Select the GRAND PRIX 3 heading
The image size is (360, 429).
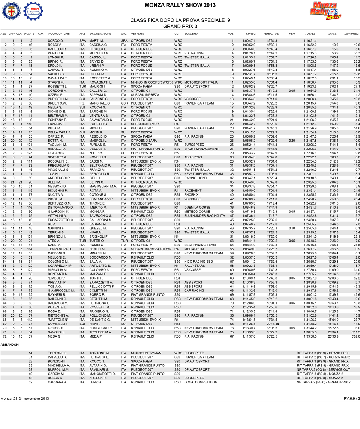coord(180,26)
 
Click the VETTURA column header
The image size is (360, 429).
coord(137,34)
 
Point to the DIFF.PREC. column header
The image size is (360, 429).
coord(352,34)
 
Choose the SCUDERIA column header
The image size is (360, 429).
coord(191,34)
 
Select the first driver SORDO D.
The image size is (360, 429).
coord(55,40)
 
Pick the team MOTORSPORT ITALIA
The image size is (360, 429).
coord(201,82)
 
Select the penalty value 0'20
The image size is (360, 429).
coord(292,140)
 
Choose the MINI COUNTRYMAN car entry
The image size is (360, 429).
coord(146,353)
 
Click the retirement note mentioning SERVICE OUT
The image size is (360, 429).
coord(323,369)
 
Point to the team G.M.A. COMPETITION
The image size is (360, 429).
coord(201,382)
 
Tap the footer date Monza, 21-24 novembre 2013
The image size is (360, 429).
coord(24,398)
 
